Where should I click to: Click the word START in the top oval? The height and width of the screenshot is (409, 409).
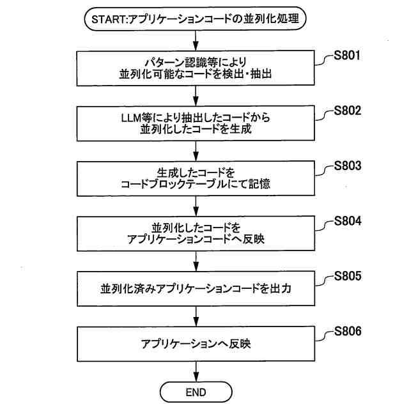click(109, 20)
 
